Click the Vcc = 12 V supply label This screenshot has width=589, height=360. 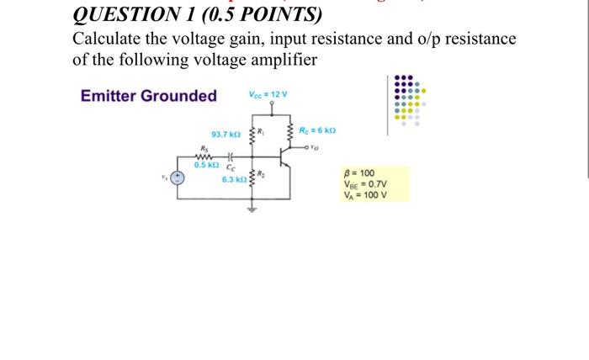tap(268, 93)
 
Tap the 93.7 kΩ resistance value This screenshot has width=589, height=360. tap(225, 135)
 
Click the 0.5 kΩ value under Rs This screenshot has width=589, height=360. tap(204, 165)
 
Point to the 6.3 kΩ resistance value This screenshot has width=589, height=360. tap(233, 179)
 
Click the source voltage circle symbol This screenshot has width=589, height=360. tap(178, 178)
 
